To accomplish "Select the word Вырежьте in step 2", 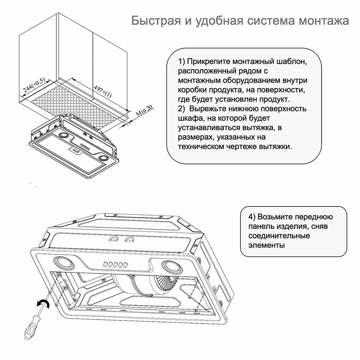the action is click(209, 109).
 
